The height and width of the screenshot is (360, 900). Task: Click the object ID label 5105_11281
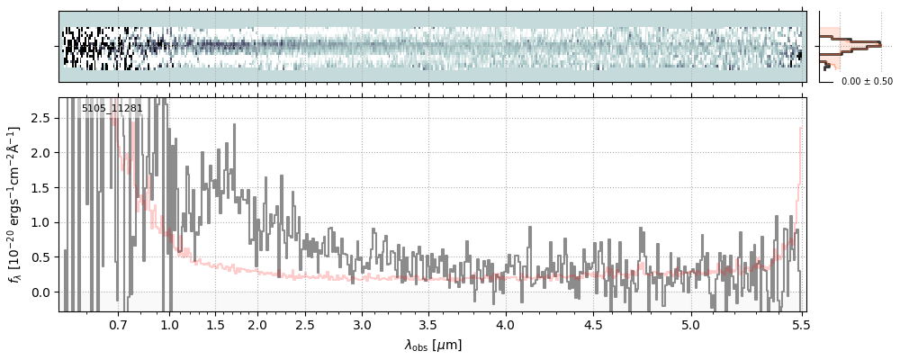tap(112, 109)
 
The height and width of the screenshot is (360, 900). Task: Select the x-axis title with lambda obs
tap(433, 345)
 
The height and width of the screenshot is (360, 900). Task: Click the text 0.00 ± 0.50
tap(867, 81)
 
